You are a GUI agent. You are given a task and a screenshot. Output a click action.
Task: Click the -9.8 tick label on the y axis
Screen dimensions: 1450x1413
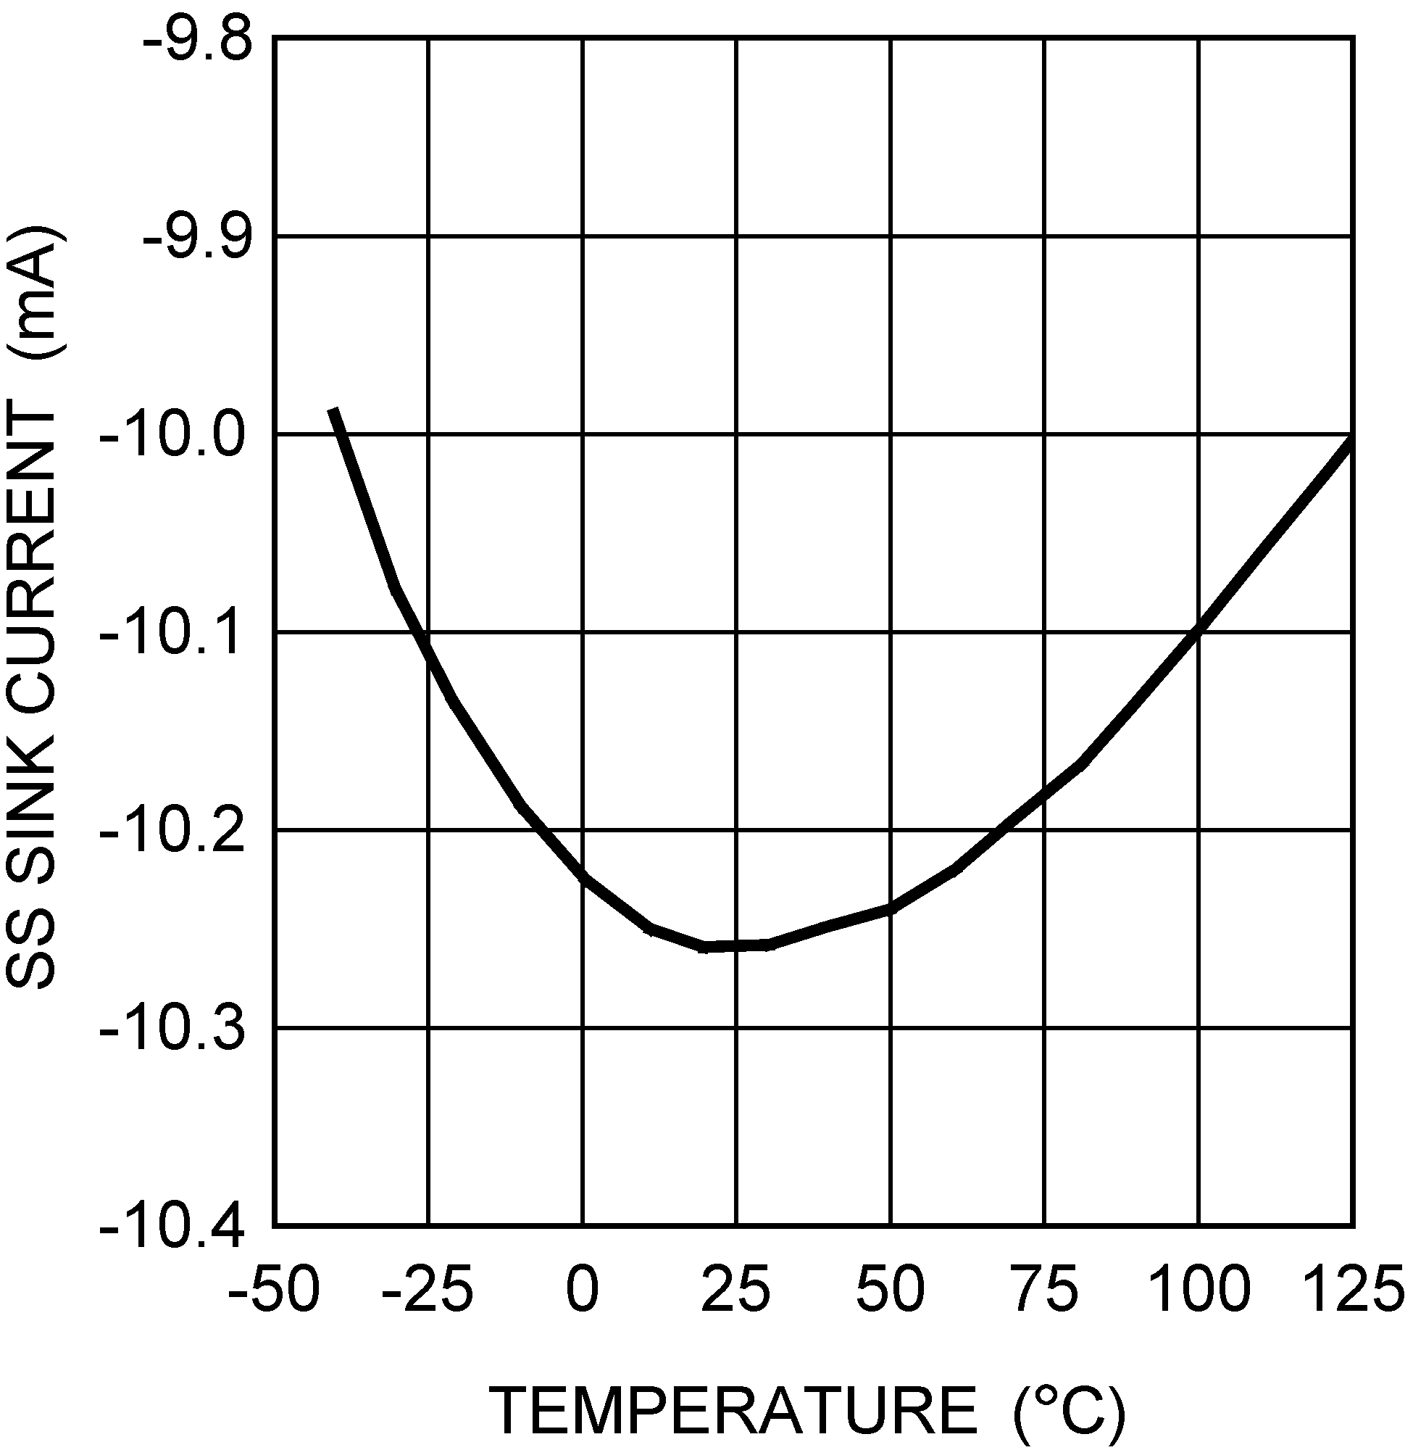196,41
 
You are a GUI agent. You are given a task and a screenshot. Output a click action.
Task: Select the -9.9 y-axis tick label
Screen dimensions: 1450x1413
196,239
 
